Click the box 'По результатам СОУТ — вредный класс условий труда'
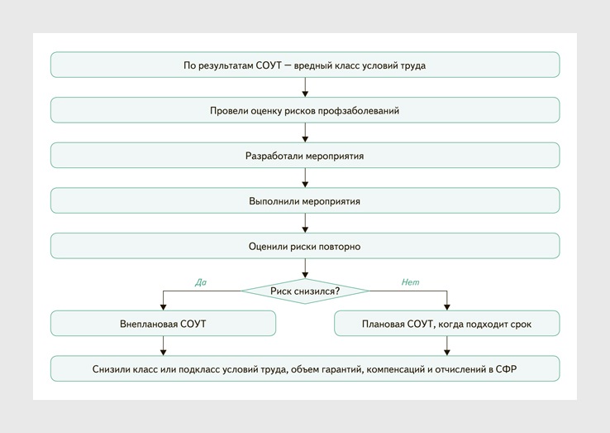pos(305,65)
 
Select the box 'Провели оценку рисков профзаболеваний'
pos(305,110)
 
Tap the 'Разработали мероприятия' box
pos(305,156)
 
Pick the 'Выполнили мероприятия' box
pos(305,201)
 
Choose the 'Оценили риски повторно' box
pos(305,246)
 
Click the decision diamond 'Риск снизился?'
pos(305,291)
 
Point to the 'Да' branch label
pos(201,282)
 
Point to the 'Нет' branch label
pos(411,282)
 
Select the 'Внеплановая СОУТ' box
pos(163,324)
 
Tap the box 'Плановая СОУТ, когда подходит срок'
pos(446,324)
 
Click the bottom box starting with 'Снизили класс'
pos(305,369)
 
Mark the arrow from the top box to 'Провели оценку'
pos(305,87)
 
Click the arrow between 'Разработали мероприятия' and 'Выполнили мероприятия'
pos(305,178)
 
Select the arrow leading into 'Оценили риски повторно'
pos(305,224)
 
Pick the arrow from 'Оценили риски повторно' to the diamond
pos(305,267)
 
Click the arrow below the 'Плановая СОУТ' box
pos(447,346)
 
